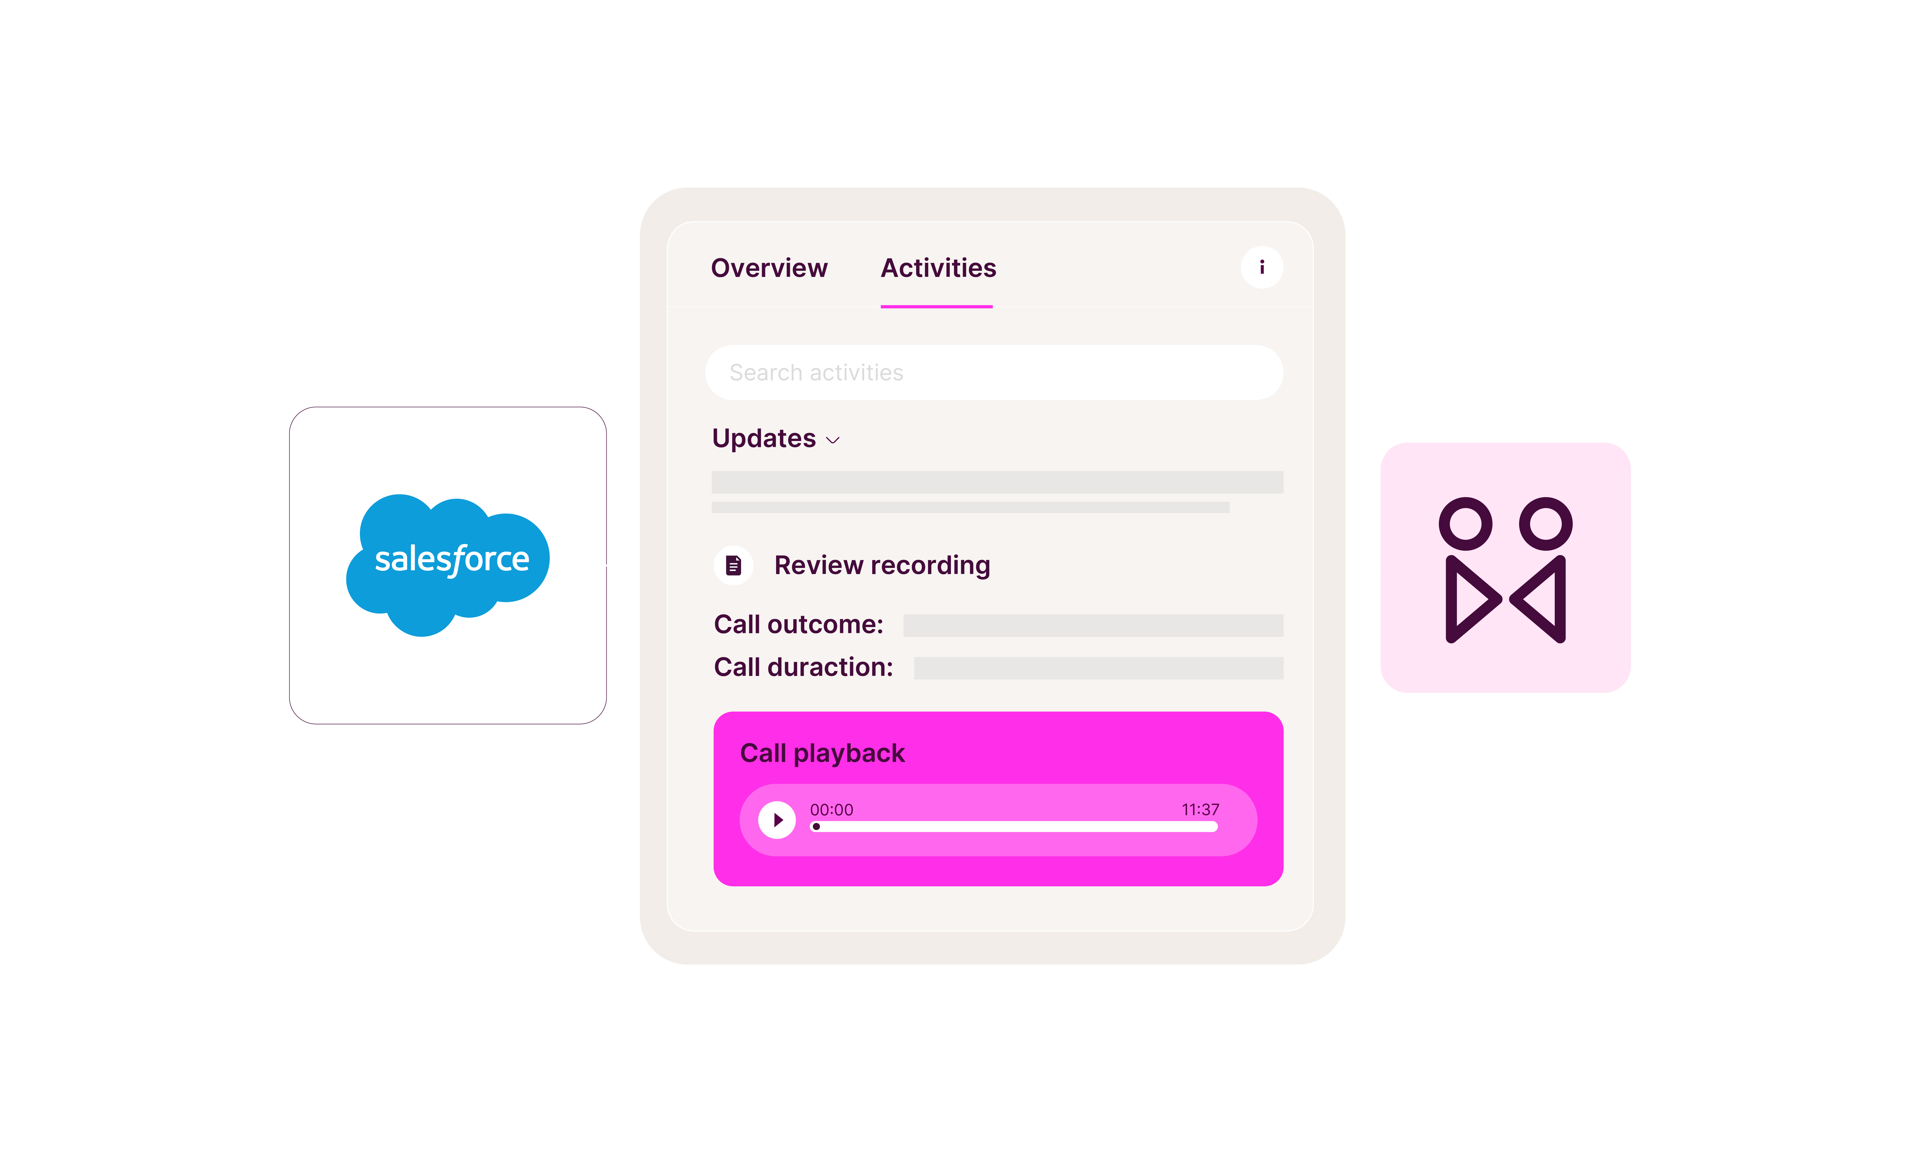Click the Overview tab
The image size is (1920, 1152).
click(x=769, y=268)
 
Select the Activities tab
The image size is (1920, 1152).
click(x=938, y=268)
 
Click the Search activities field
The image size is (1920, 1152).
click(x=994, y=373)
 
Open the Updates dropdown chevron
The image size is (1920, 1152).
click(x=833, y=440)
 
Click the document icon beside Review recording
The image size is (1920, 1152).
click(x=733, y=565)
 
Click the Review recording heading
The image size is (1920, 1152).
click(x=882, y=565)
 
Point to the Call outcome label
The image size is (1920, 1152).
click(x=798, y=624)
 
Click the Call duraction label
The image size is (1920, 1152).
click(x=803, y=667)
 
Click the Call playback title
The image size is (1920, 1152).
click(x=822, y=753)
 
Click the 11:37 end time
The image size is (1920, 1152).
click(x=1199, y=810)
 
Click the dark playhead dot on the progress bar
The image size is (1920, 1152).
click(x=816, y=827)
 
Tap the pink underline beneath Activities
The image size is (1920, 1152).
click(x=936, y=307)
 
